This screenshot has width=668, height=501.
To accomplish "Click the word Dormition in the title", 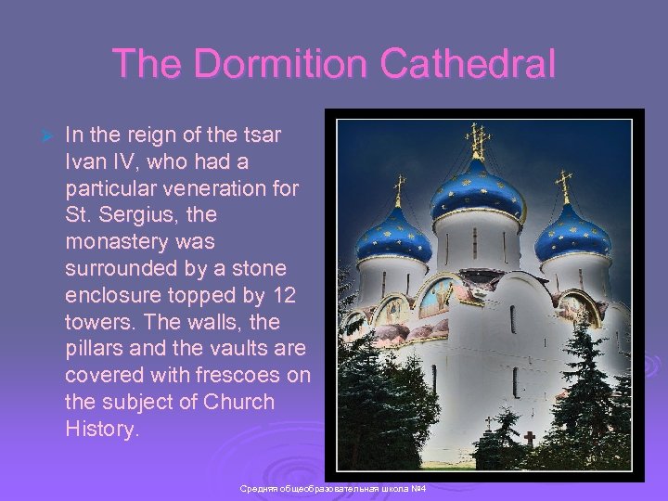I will pos(275,65).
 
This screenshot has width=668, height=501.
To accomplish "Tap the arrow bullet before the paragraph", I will pos(39,136).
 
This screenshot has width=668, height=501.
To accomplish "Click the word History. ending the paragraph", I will pos(102,429).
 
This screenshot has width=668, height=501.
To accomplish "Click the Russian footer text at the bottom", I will pos(331,488).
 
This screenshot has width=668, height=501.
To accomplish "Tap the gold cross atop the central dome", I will pos(479,140).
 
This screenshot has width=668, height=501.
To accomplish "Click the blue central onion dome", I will pos(479,190).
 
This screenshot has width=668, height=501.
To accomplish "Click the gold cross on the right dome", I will pos(563,186).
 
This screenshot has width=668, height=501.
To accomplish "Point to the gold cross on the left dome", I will pos(400,190).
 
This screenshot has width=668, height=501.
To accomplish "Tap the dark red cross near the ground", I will pos(529,438).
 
